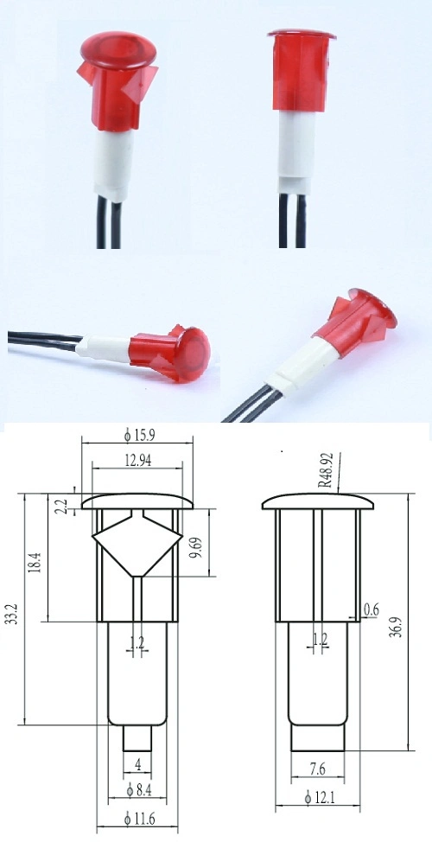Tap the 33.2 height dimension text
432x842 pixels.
click(x=11, y=609)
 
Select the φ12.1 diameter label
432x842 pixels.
click(x=318, y=796)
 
